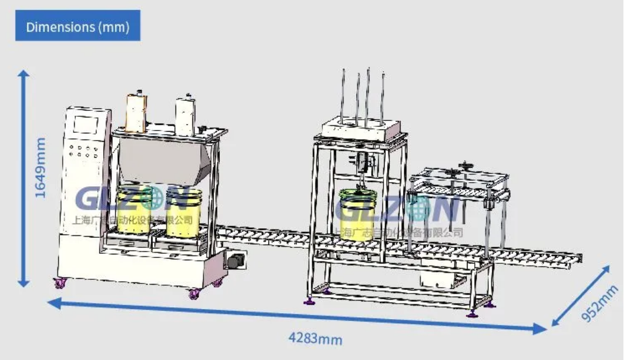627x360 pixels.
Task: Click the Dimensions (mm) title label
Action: [x=78, y=26]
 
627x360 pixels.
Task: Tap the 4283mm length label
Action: [x=315, y=339]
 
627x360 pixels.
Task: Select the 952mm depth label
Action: [x=599, y=304]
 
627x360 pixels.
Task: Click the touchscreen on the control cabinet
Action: [x=85, y=125]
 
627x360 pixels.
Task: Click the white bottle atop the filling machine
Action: [x=186, y=113]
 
